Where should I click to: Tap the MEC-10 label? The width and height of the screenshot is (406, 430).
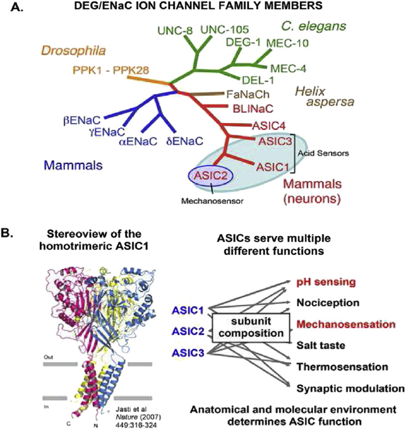(x=287, y=43)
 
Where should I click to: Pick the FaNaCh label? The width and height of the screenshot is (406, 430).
(x=248, y=94)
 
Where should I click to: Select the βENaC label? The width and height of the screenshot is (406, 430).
(x=81, y=120)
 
